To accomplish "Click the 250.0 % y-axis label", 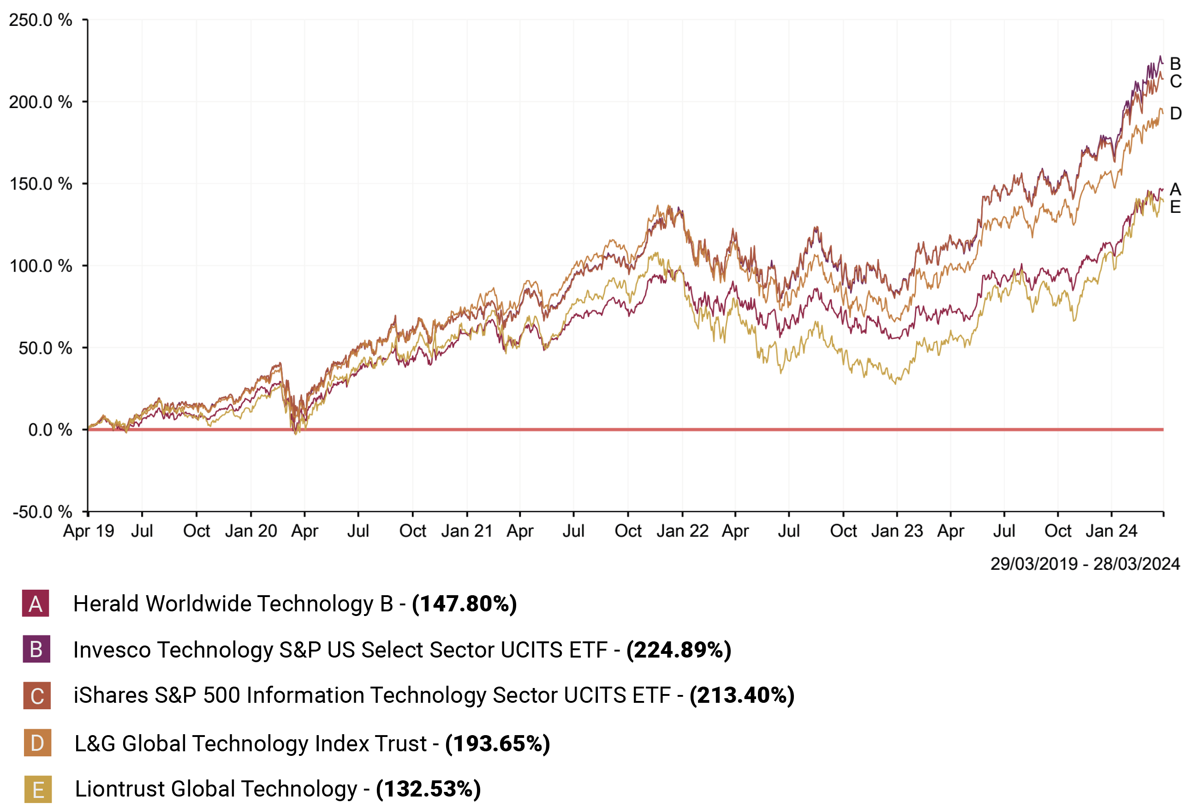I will click(41, 20).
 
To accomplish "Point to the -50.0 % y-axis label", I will click(42, 512).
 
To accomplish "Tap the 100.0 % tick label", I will click(41, 266).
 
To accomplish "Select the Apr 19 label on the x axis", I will click(88, 531).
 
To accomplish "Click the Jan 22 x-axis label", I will click(682, 531).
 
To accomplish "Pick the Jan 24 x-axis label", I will click(1111, 531).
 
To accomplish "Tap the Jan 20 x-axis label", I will click(251, 531).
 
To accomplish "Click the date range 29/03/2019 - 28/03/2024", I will click(1085, 564).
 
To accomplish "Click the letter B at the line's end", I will click(1175, 64).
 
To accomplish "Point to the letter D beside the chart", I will click(1175, 114).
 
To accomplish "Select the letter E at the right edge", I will click(1175, 207).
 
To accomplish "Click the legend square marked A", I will click(36, 604).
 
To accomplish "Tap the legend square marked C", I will click(37, 695).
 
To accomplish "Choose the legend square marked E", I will click(38, 790).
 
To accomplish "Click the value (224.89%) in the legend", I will click(679, 650).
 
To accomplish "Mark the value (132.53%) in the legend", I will click(428, 789).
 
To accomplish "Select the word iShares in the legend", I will click(110, 695).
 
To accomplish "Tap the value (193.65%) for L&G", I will click(498, 743).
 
